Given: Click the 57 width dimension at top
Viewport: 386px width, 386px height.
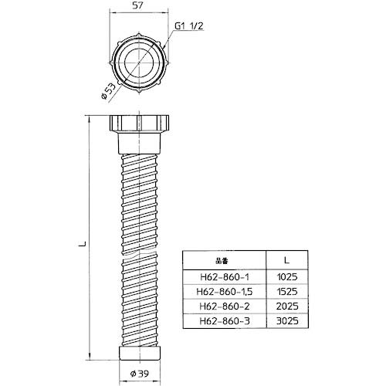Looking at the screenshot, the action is pyautogui.click(x=137, y=5).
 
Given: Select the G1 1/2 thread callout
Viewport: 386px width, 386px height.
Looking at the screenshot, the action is pyautogui.click(x=189, y=26).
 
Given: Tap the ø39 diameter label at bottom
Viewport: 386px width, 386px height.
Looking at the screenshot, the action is pyautogui.click(x=139, y=374).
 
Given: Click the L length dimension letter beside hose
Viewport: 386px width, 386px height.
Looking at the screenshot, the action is pyautogui.click(x=82, y=244).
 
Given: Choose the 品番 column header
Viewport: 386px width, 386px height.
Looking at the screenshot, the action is pyautogui.click(x=222, y=261).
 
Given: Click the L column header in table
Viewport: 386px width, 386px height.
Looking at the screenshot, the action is pyautogui.click(x=286, y=260).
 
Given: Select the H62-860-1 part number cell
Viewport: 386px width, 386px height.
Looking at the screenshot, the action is pyautogui.click(x=225, y=277).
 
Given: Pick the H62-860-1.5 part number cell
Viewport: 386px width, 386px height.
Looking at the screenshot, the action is pyautogui.click(x=225, y=292).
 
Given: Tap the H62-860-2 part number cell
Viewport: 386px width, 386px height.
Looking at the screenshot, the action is pyautogui.click(x=225, y=306).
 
